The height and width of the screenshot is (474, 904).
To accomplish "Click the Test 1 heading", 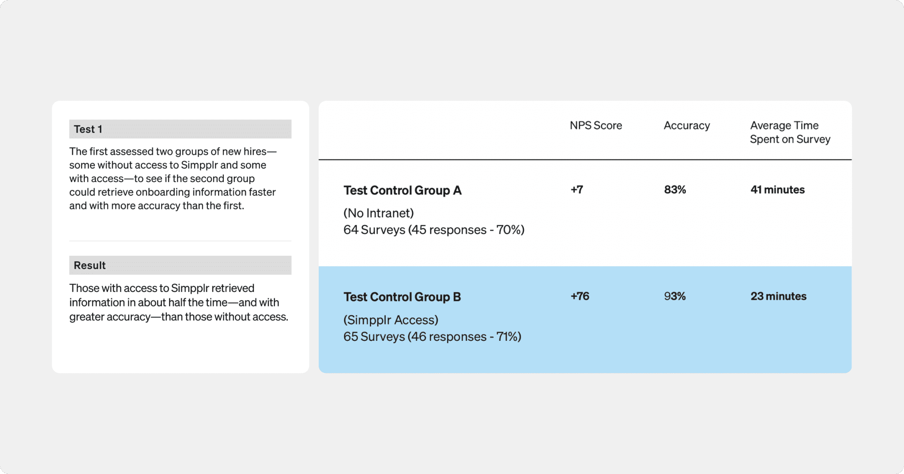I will (88, 129).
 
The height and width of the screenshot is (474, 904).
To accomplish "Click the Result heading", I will (90, 265).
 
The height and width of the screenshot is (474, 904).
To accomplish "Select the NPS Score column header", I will (595, 126).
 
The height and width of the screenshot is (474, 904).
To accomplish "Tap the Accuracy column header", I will (686, 126).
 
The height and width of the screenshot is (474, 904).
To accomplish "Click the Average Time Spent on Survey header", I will (790, 132).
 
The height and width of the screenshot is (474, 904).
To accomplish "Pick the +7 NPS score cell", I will (576, 190).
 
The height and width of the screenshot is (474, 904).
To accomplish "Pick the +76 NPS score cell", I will (580, 296).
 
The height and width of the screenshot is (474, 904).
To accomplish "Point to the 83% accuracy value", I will (675, 190).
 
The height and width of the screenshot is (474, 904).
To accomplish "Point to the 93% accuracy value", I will (674, 296).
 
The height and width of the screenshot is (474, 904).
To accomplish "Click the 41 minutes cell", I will (777, 190).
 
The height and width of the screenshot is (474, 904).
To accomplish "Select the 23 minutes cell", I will (778, 296).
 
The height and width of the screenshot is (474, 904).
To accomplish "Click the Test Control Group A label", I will (402, 190).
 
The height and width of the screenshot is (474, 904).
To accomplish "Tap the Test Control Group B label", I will (402, 297).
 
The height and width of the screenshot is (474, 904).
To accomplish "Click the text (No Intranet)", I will (378, 213).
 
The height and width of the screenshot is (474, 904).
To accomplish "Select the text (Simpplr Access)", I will (391, 320).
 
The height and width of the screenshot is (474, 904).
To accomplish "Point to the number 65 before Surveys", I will (350, 337).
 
